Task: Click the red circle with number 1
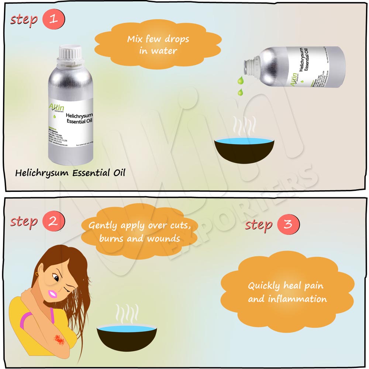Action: coord(54,19)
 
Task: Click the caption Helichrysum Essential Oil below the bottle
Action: coord(70,172)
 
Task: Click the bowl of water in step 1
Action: coord(245,149)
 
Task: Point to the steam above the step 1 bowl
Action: coord(244,128)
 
